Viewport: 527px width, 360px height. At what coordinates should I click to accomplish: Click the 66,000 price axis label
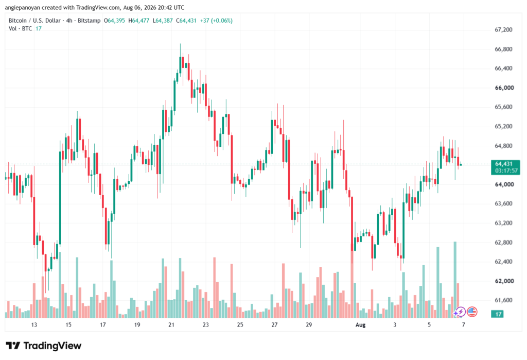(x=504, y=88)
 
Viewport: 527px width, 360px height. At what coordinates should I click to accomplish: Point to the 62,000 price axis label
(x=504, y=281)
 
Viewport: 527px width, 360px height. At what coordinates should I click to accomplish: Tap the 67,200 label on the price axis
(x=503, y=29)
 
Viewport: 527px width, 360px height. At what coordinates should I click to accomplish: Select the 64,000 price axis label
(x=504, y=184)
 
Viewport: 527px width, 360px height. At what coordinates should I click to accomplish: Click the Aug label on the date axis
(x=360, y=324)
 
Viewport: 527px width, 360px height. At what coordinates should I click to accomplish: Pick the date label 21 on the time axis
(x=171, y=324)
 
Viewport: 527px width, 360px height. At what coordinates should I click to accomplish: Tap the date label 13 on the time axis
(x=34, y=324)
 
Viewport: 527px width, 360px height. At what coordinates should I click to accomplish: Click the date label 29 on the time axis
(x=309, y=324)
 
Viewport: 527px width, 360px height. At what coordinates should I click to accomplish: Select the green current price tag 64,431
(x=504, y=164)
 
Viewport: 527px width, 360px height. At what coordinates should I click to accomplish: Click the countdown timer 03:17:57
(x=506, y=170)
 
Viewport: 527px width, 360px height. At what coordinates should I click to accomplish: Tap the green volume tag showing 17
(x=498, y=314)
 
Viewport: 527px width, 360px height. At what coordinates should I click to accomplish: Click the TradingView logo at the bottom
(x=43, y=346)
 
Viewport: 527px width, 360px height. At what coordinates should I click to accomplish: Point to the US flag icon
(x=472, y=312)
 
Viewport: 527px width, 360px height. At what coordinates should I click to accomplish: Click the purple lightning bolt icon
(x=460, y=312)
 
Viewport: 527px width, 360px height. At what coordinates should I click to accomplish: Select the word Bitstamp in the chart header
(x=89, y=21)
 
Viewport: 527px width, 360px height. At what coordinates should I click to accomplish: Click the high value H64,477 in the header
(x=139, y=21)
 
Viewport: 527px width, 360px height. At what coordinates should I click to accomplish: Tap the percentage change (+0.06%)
(x=222, y=21)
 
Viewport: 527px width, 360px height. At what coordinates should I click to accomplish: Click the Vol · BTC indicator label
(x=20, y=29)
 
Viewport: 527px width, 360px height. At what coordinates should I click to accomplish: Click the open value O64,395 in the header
(x=114, y=21)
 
